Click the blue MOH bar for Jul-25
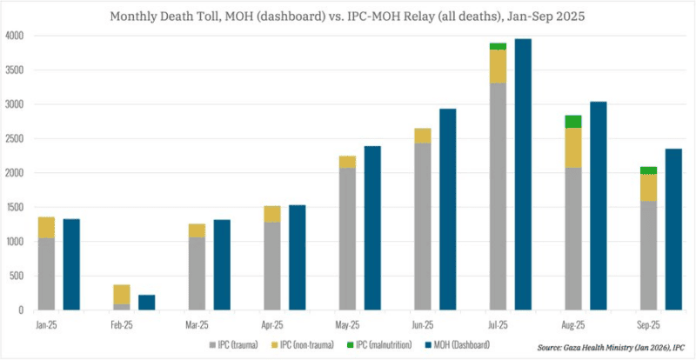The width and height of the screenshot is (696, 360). [523, 174]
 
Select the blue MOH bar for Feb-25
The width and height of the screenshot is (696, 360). [146, 302]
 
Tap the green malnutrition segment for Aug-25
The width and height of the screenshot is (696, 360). [573, 122]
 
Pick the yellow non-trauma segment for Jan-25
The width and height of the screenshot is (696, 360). [46, 227]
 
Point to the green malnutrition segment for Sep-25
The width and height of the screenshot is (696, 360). [648, 170]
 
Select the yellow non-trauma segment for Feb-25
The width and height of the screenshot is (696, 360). [122, 294]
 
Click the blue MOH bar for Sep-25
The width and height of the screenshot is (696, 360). [673, 229]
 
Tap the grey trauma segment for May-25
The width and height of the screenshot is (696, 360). [347, 238]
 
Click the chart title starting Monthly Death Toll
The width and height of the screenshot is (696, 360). [347, 16]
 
